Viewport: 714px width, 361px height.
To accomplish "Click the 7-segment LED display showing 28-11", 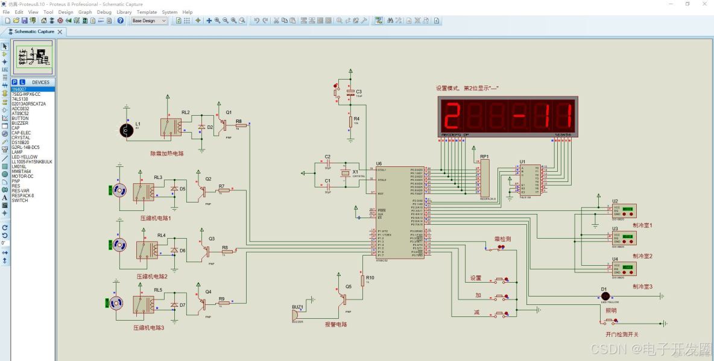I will click(x=507, y=115).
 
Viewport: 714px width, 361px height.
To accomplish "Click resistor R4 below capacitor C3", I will click(x=350, y=122).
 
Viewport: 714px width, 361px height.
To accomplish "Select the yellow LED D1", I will click(x=605, y=296).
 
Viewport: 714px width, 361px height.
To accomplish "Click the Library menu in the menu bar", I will click(x=124, y=12).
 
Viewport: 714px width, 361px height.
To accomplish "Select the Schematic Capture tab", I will click(x=34, y=31).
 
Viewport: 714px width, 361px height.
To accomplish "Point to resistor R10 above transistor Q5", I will click(x=364, y=281).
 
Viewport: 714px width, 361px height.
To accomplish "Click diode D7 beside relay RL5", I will click(x=174, y=305).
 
